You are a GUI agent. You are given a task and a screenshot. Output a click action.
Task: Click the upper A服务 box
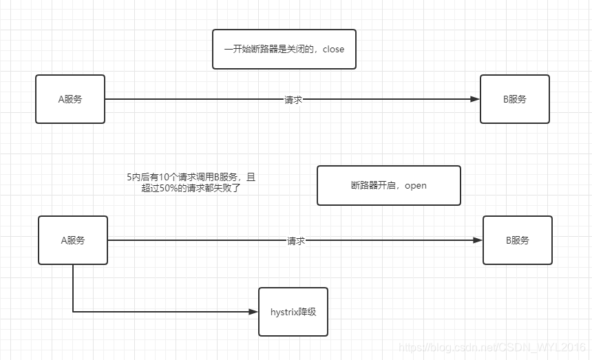[x=70, y=99]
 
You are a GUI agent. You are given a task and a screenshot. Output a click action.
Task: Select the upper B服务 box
[x=515, y=99]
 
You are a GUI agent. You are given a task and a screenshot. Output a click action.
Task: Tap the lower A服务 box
[x=73, y=240]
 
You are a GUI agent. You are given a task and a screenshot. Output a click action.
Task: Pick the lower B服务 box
[x=518, y=240]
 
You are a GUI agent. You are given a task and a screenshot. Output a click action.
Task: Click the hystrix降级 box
[x=293, y=312]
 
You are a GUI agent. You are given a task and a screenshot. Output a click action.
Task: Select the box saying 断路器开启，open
[x=389, y=185]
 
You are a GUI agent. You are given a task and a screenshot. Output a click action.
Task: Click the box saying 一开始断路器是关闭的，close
[x=284, y=49]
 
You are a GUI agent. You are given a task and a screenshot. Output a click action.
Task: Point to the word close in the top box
[x=333, y=49]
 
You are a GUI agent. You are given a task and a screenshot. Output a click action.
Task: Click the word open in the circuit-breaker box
[x=416, y=186]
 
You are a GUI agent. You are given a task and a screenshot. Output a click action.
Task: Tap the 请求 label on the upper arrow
[x=293, y=100]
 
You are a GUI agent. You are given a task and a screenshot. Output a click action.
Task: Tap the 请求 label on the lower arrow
[x=296, y=241]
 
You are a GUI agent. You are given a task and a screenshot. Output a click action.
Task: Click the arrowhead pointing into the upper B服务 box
[x=475, y=99]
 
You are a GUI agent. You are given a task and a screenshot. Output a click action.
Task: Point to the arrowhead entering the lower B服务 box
[x=478, y=240]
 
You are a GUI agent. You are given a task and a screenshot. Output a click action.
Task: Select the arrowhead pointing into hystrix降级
[x=253, y=312]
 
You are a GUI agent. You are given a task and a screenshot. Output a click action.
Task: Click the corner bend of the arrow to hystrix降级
[x=73, y=312]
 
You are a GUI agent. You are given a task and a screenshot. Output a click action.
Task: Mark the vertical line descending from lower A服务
[x=73, y=288]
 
